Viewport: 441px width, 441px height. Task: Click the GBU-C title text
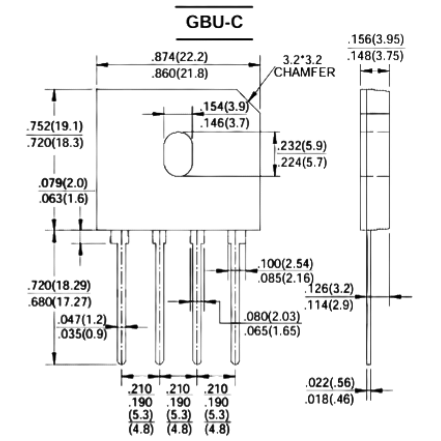click(x=214, y=22)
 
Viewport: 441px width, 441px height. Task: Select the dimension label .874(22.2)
click(x=180, y=57)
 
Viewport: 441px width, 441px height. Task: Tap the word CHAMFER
click(x=305, y=73)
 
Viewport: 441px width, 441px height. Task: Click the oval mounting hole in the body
click(x=178, y=154)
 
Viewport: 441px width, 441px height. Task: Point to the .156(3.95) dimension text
click(x=376, y=40)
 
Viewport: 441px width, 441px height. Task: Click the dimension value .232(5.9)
click(x=302, y=146)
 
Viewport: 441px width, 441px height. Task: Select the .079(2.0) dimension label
click(x=63, y=183)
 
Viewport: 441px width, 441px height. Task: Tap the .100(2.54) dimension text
click(x=285, y=264)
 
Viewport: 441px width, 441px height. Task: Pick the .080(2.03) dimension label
click(x=272, y=317)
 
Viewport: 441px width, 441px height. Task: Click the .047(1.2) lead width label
click(x=82, y=320)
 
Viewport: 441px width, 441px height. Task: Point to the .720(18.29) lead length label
click(x=59, y=285)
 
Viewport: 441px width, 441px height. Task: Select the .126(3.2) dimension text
click(x=329, y=289)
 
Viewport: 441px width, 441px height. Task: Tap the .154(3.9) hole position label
click(x=224, y=107)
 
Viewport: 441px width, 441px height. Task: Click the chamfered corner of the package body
click(x=248, y=101)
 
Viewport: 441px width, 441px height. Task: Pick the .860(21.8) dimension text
click(x=180, y=74)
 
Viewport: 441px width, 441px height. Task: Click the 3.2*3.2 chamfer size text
click(x=302, y=60)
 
